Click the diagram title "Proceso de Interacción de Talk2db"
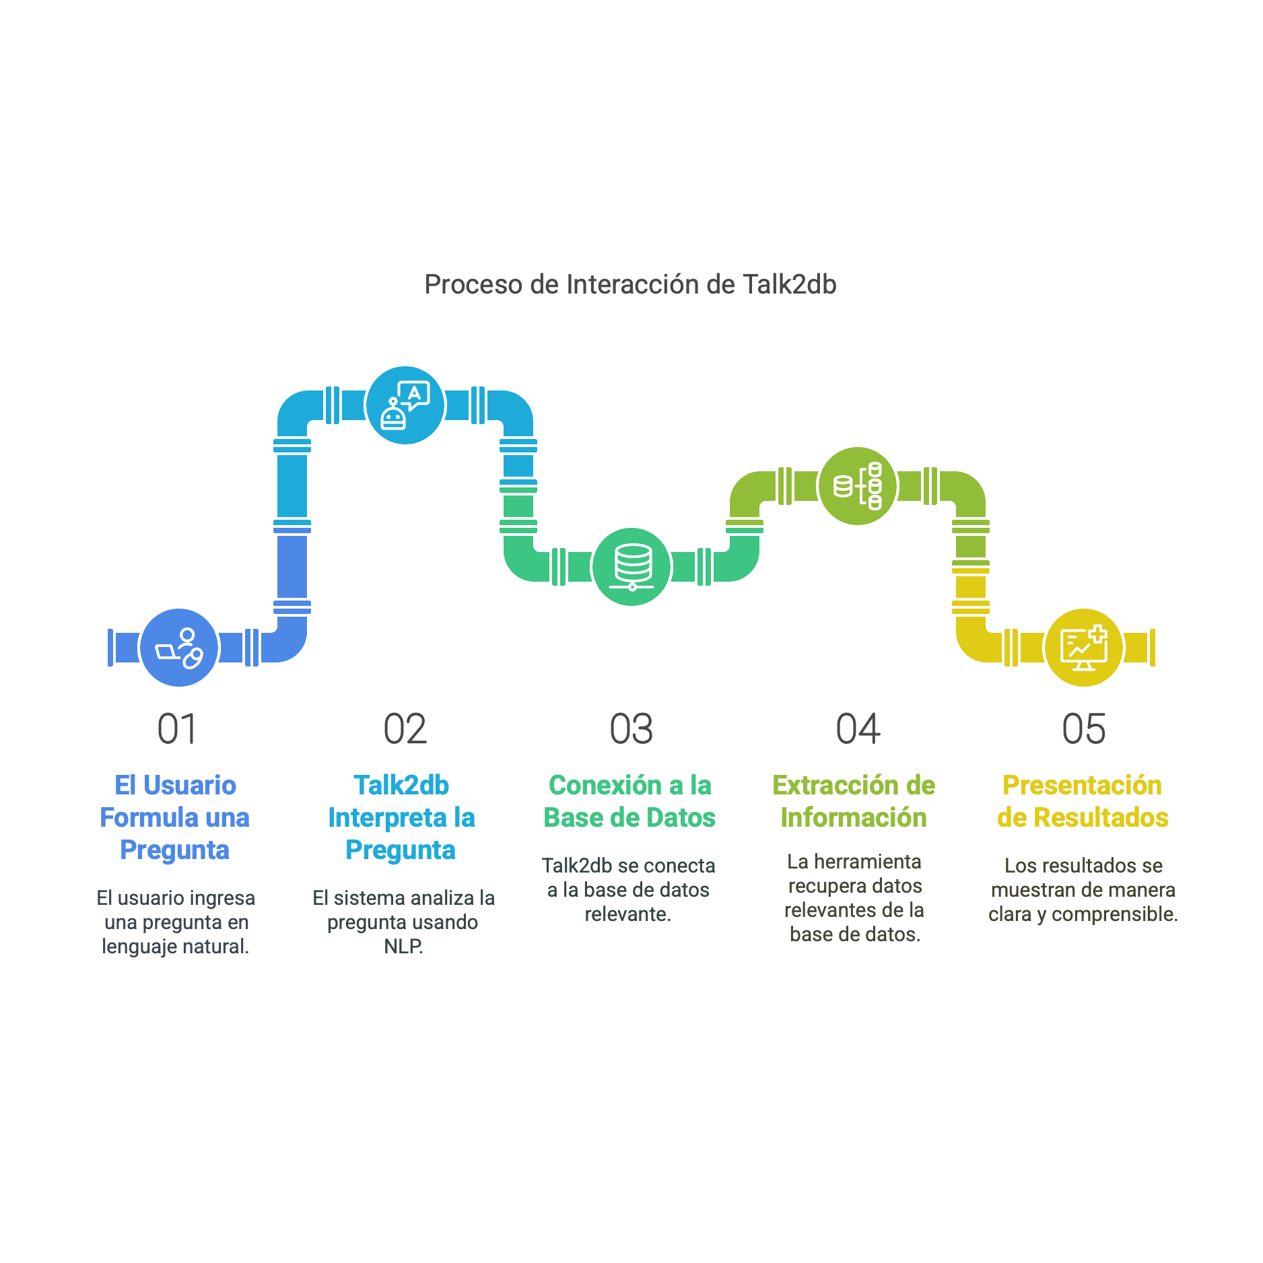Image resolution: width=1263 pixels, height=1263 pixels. click(630, 284)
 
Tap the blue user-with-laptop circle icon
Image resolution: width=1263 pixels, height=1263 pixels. click(179, 648)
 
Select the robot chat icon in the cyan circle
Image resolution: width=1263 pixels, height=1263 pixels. click(405, 405)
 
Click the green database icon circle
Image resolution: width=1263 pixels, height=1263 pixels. click(631, 567)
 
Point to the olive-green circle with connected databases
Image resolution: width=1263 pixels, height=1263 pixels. click(857, 486)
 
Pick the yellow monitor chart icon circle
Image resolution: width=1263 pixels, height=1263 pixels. click(1083, 648)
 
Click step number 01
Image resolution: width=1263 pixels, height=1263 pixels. click(176, 729)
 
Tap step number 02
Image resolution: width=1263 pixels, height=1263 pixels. click(405, 729)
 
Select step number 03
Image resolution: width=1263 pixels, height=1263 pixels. click(631, 729)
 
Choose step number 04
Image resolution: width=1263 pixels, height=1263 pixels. click(857, 729)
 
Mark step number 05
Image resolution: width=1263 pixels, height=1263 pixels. click(1083, 729)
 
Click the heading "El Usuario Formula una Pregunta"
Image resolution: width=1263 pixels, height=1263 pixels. click(175, 817)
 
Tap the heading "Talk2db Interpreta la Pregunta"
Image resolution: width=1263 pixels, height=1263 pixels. click(401, 817)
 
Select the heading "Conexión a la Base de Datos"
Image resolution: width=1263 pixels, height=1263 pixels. click(629, 801)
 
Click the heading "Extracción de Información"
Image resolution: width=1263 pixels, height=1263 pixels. click(854, 801)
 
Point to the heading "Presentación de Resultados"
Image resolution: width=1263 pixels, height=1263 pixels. click(1083, 801)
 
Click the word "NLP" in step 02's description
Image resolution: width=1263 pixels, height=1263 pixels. click(403, 947)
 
